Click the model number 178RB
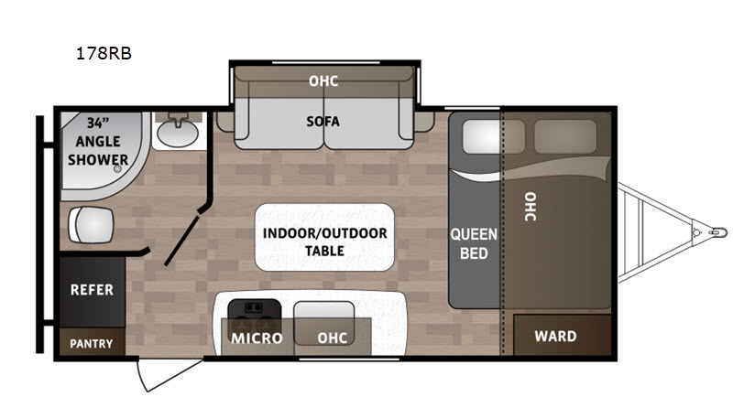pyautogui.click(x=104, y=53)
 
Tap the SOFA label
pyautogui.click(x=323, y=122)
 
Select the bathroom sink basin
pyautogui.click(x=178, y=132)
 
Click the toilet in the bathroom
pyautogui.click(x=91, y=225)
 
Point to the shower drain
pyautogui.click(x=118, y=168)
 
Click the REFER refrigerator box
pyautogui.click(x=93, y=290)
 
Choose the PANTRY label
pyautogui.click(x=91, y=344)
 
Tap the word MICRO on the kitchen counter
pyautogui.click(x=257, y=338)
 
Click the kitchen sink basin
pyautogui.click(x=323, y=323)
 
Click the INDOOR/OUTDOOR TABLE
pyautogui.click(x=324, y=237)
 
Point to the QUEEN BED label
pyautogui.click(x=474, y=243)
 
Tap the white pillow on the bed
pyautogui.click(x=482, y=136)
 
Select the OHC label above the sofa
pyautogui.click(x=323, y=81)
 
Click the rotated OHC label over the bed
pyautogui.click(x=531, y=207)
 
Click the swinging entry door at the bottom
pyautogui.click(x=170, y=374)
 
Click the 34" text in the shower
pyautogui.click(x=98, y=123)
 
